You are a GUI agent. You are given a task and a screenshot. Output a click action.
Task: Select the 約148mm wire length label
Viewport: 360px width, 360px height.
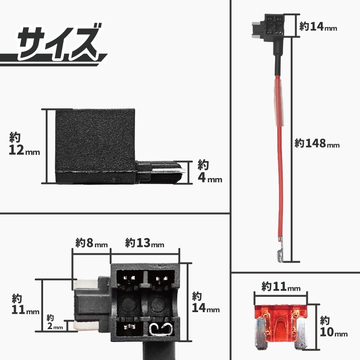[317, 143]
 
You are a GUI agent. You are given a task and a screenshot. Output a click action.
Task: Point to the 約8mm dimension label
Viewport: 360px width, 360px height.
[91, 243]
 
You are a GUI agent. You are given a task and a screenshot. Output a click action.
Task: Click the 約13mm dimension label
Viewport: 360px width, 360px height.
[145, 243]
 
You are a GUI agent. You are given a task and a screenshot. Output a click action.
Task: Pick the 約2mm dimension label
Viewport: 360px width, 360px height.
[55, 322]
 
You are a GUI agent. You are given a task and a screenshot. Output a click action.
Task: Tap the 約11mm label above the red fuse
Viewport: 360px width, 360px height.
[281, 286]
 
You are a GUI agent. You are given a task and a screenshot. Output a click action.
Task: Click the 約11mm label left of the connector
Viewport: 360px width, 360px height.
[24, 305]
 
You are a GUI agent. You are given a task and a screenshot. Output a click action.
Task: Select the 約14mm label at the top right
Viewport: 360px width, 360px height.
[318, 27]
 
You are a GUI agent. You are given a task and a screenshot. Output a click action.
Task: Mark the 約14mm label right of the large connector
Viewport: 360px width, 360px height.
[206, 303]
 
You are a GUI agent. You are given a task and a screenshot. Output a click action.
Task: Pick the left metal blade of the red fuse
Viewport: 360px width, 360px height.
[260, 331]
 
